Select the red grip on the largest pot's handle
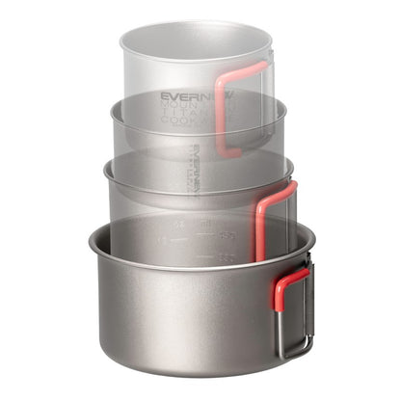(289, 289)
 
